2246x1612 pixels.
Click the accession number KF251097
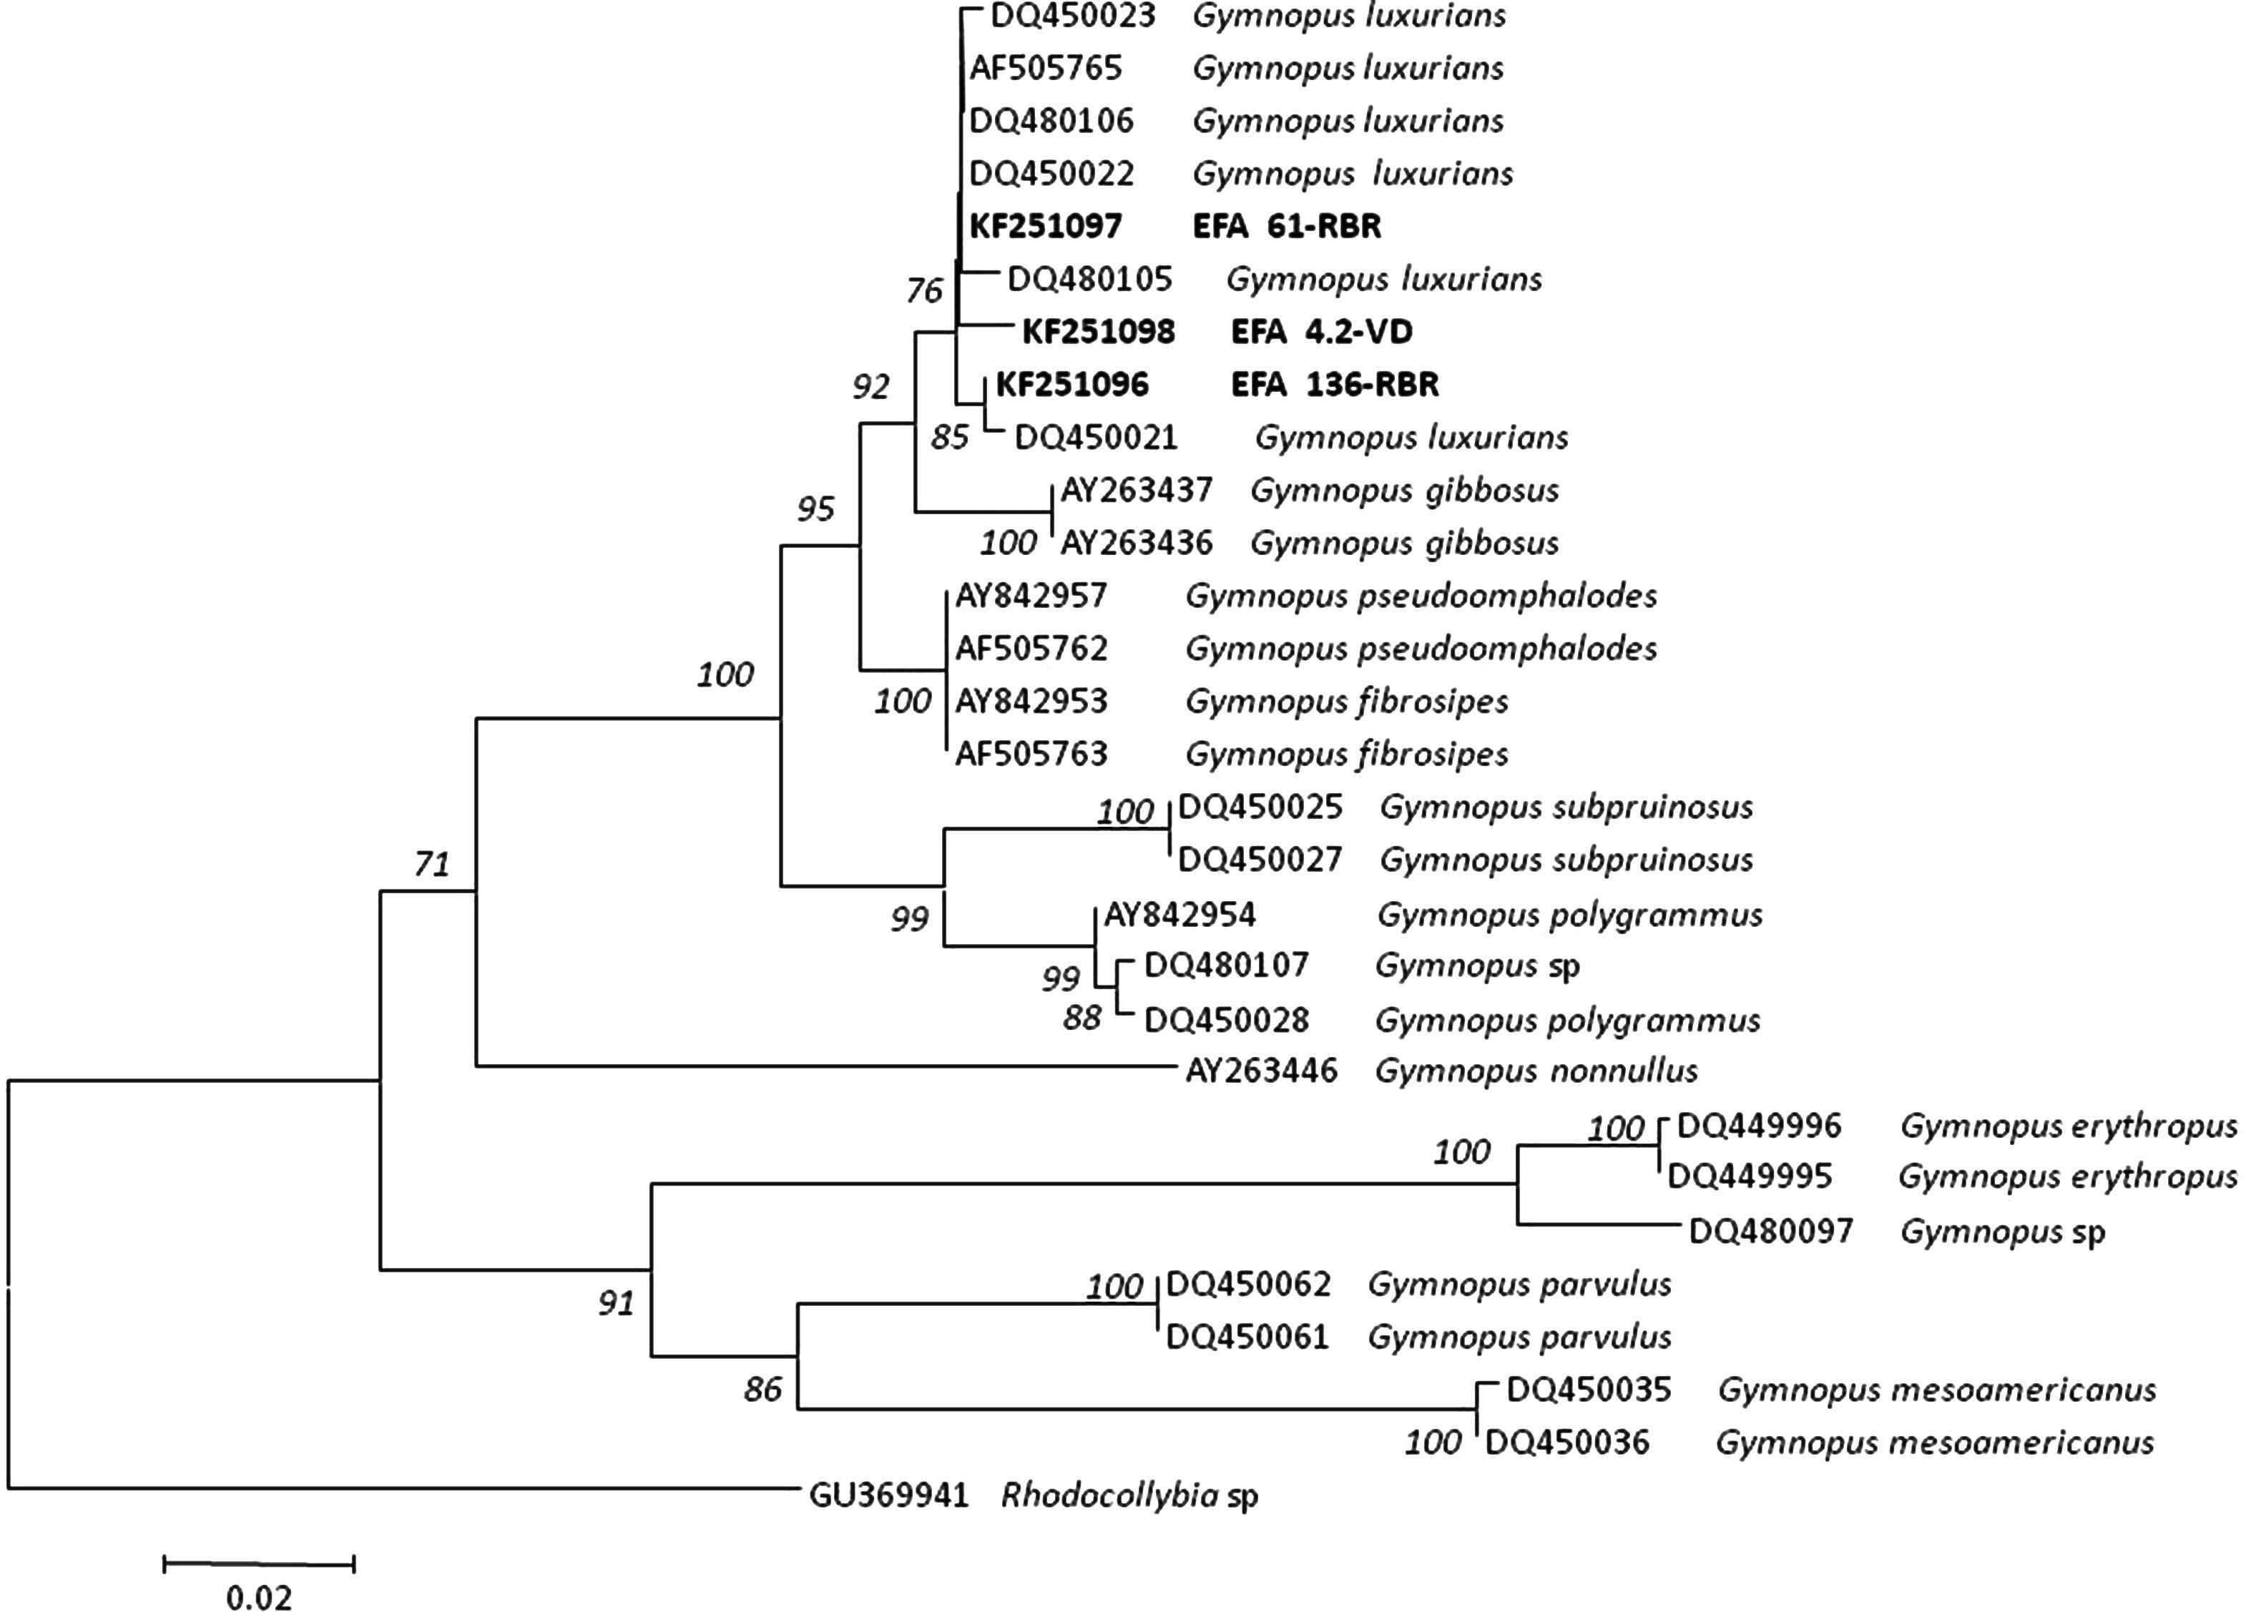[1045, 227]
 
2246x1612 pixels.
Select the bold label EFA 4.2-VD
[1321, 332]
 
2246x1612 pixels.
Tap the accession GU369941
[888, 1495]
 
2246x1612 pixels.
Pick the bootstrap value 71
[432, 865]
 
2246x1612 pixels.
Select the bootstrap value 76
[924, 290]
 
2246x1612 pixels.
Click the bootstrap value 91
[616, 1303]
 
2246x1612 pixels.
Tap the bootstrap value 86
[762, 1389]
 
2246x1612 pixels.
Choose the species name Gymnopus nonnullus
[1536, 1071]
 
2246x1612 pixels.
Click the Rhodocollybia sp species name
[1129, 1495]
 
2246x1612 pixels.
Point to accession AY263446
[1260, 1071]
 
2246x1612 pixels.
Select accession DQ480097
[1770, 1231]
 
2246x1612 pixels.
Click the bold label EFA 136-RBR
[1334, 384]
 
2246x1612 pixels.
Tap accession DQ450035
[1589, 1389]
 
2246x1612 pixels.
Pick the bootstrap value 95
[816, 509]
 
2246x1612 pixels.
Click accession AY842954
[1180, 914]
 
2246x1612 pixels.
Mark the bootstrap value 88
[1082, 1017]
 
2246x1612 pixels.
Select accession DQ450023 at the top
[1072, 16]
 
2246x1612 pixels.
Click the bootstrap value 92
[871, 386]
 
